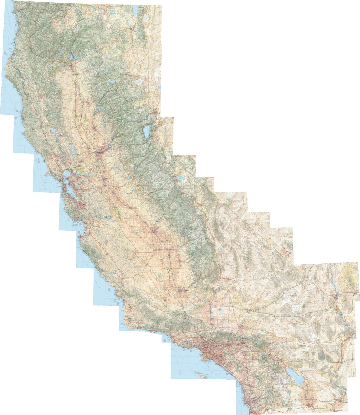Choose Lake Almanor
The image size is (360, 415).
click(110, 82)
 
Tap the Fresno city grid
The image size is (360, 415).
click(154, 231)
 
